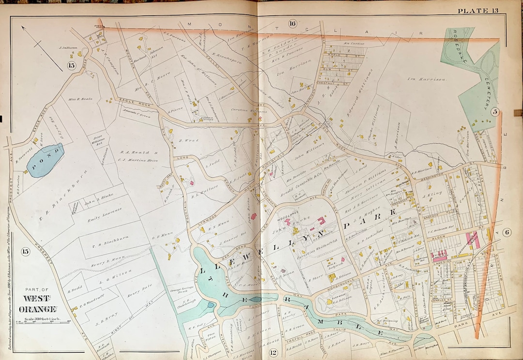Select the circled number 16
(x=292, y=23)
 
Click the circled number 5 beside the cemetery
(x=494, y=112)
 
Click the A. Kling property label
(x=430, y=197)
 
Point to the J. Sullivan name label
(x=68, y=47)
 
